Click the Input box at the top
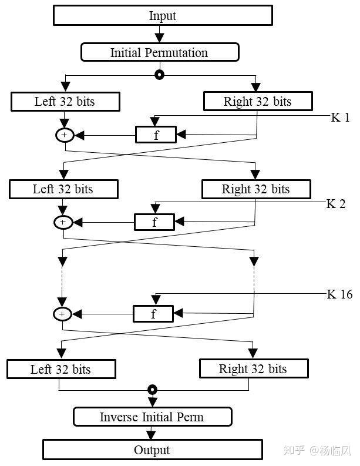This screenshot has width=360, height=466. coord(163,15)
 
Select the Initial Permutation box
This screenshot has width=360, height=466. coord(160,52)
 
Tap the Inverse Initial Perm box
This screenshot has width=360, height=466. coord(152,417)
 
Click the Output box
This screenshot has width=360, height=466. coord(153,450)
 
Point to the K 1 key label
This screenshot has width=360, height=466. coord(341,118)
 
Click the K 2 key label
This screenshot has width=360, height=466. coord(336,204)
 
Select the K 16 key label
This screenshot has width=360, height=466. coord(340,294)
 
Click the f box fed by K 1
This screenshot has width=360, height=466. coord(156,135)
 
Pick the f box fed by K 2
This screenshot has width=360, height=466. coord(154,222)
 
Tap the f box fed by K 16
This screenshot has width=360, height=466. coord(153,314)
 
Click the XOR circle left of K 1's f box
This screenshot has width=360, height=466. coord(65,135)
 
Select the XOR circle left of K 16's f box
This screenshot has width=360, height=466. coord(62,314)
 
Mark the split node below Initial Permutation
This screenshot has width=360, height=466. coord(160,75)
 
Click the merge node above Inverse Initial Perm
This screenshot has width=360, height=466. coord(152,390)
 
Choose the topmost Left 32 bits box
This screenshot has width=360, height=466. coord(65,102)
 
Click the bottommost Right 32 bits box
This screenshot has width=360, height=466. coord(254,368)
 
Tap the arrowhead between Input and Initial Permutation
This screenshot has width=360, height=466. coord(160,38)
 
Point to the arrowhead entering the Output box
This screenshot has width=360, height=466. coord(151,434)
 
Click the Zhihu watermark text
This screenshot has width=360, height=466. coord(317,450)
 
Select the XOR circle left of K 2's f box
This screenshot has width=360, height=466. coord(63,222)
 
